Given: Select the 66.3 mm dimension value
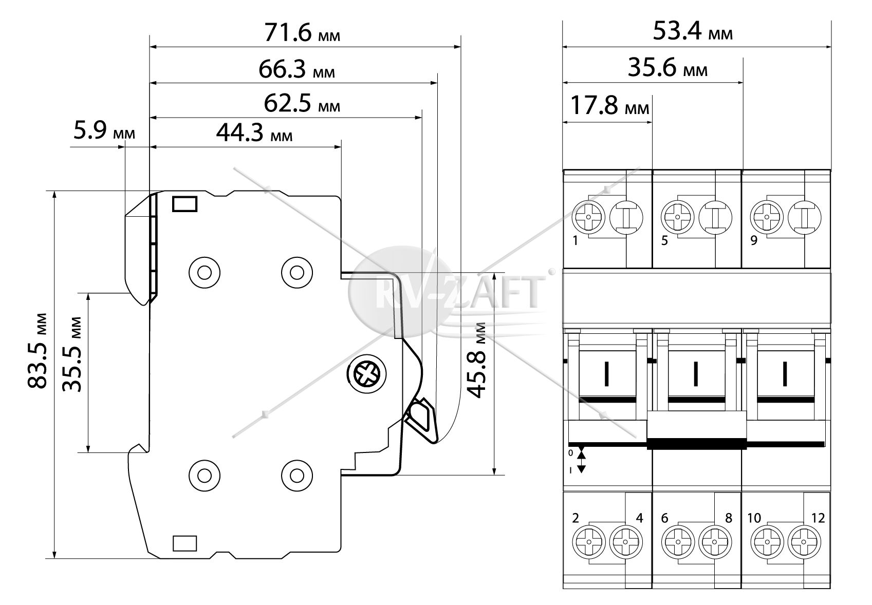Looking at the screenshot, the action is [x=296, y=69].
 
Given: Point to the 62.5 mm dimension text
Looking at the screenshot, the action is [x=302, y=104].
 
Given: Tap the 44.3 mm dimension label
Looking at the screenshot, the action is [x=254, y=133].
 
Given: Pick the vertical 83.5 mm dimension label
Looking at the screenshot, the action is [x=38, y=351].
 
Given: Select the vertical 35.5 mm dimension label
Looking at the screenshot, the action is [x=72, y=354].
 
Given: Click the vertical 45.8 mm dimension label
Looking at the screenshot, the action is [x=476, y=360].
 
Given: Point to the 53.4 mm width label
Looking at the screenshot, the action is [x=693, y=31].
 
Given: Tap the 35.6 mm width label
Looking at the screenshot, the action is [x=667, y=68].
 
